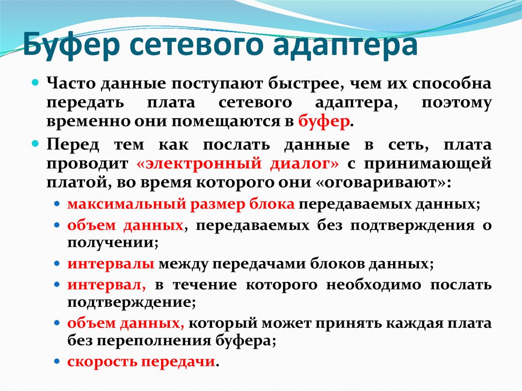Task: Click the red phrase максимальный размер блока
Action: click(180, 204)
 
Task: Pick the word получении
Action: click(110, 243)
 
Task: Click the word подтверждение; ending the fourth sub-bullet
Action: click(130, 303)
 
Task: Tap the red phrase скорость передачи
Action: click(140, 361)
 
